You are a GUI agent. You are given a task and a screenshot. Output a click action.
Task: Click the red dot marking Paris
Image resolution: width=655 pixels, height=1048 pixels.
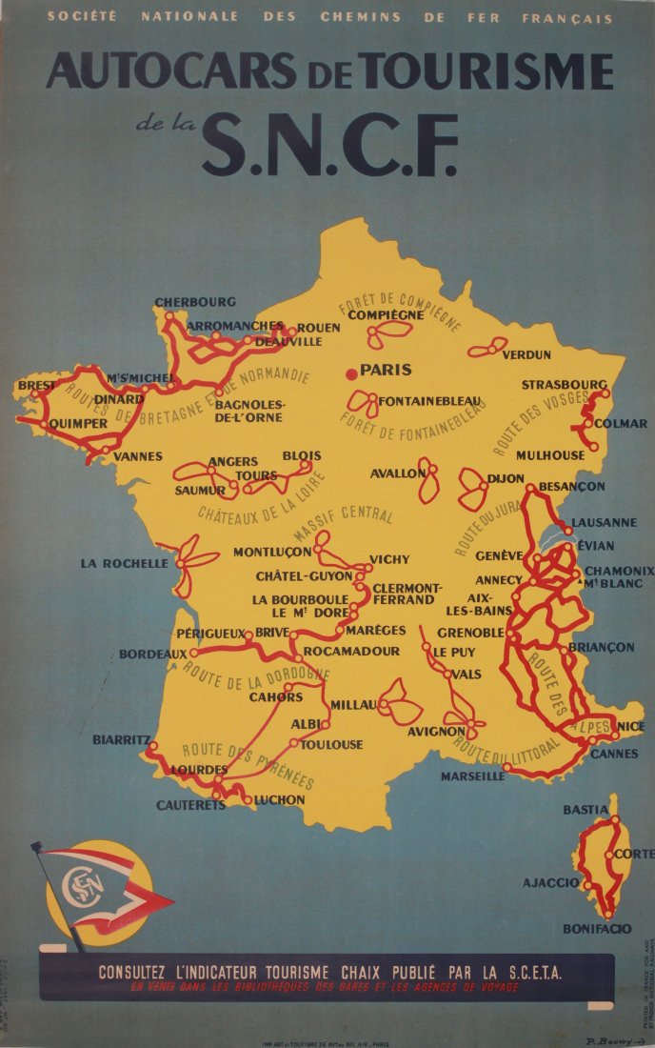(x=352, y=372)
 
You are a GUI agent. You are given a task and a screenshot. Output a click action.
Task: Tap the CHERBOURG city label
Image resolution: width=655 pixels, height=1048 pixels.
(x=194, y=303)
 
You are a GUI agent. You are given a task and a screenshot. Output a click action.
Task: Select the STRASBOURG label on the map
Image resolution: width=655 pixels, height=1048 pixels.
(x=564, y=385)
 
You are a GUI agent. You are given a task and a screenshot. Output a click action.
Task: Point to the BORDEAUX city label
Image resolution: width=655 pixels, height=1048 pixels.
(x=152, y=655)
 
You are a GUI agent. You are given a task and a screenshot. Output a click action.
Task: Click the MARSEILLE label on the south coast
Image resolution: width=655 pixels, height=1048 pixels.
(x=472, y=776)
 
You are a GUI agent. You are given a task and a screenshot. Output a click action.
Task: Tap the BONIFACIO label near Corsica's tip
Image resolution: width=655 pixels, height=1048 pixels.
(x=597, y=928)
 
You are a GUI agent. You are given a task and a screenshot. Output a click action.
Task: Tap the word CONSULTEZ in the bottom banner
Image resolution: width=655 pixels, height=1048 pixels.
(x=142, y=973)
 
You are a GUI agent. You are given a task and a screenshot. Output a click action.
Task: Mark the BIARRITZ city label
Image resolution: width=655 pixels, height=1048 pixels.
(x=121, y=739)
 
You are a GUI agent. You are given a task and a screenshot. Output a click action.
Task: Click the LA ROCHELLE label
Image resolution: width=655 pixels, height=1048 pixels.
(x=124, y=563)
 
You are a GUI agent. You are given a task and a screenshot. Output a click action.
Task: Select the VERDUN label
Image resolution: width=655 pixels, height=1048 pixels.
(x=526, y=354)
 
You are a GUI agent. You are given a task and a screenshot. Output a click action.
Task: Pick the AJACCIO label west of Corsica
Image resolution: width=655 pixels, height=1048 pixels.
(x=550, y=883)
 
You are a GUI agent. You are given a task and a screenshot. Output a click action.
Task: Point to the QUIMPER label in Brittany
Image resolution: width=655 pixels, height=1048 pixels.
(x=78, y=423)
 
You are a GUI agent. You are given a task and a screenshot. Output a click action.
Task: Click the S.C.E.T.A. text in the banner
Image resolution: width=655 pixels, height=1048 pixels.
(x=528, y=973)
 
